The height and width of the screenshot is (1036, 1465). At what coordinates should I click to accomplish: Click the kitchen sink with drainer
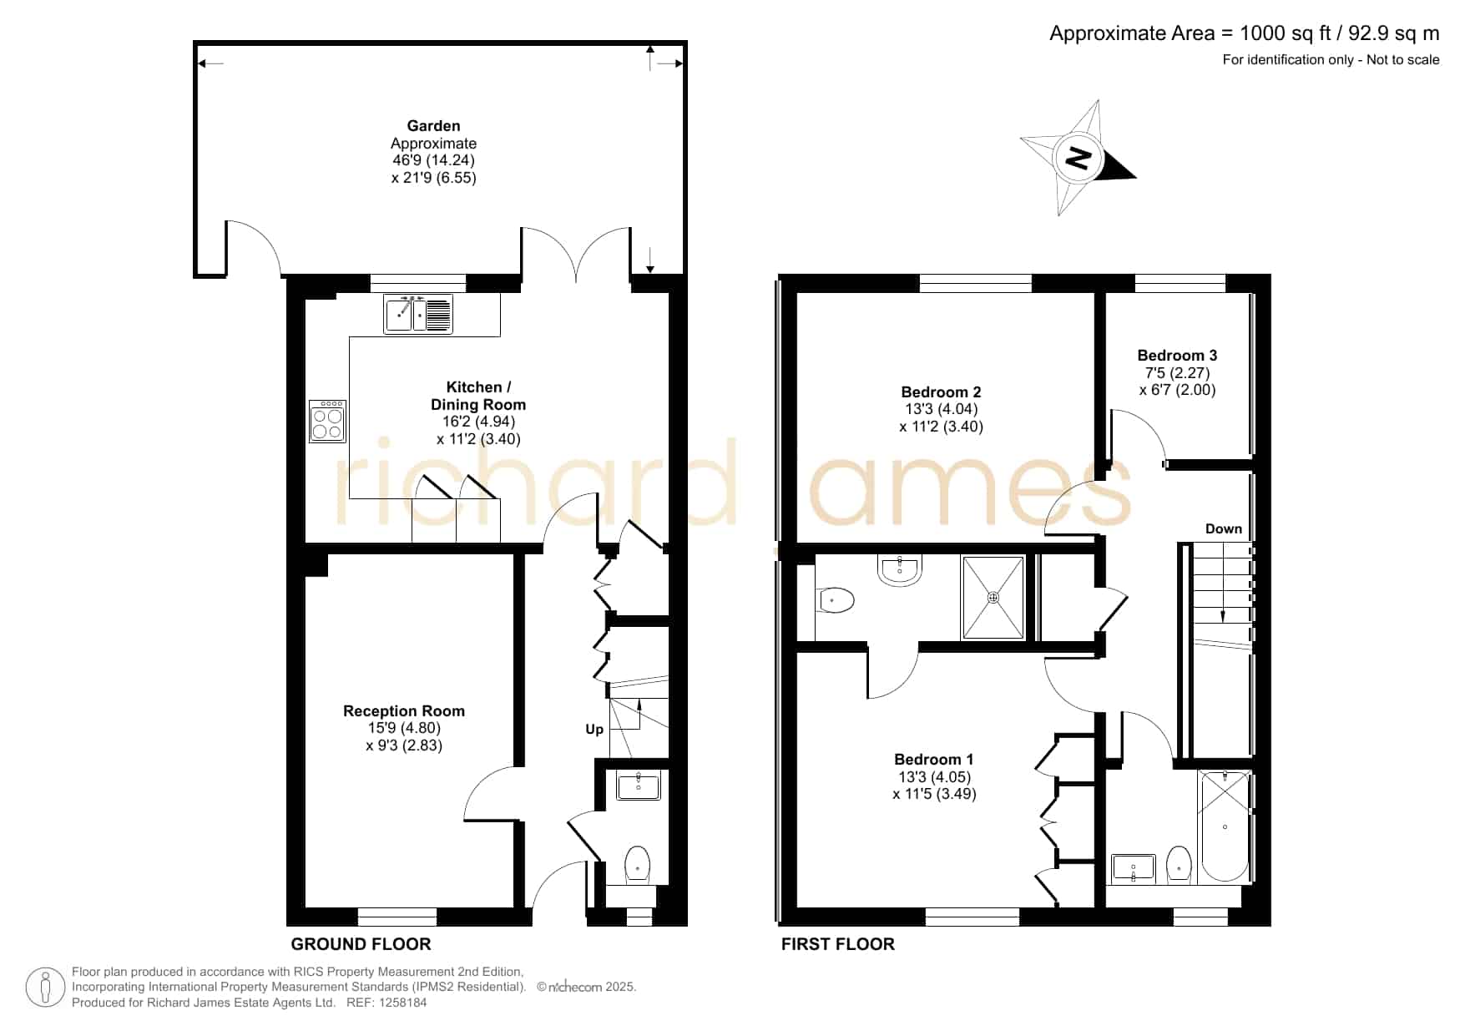pyautogui.click(x=418, y=314)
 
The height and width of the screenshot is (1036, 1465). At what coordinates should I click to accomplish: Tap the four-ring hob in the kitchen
pyautogui.click(x=327, y=421)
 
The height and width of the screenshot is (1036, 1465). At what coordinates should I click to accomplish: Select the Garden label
pyautogui.click(x=433, y=126)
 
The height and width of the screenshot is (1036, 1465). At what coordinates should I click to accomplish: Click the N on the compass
pyautogui.click(x=1079, y=158)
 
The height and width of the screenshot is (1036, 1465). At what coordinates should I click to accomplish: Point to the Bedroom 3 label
pyautogui.click(x=1177, y=356)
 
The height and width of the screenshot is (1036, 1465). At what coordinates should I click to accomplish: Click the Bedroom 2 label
pyautogui.click(x=941, y=392)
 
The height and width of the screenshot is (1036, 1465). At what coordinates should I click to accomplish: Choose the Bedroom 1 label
pyautogui.click(x=933, y=760)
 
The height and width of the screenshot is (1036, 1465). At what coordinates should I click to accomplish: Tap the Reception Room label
pyautogui.click(x=404, y=711)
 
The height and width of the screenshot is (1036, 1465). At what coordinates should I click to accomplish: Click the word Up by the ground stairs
pyautogui.click(x=594, y=730)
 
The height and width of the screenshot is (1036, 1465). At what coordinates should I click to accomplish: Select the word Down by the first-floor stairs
pyautogui.click(x=1224, y=529)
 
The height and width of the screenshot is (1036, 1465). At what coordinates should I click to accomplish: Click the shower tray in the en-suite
pyautogui.click(x=993, y=598)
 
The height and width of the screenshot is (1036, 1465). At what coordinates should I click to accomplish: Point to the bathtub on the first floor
pyautogui.click(x=1225, y=826)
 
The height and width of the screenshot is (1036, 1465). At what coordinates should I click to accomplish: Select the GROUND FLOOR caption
pyautogui.click(x=361, y=944)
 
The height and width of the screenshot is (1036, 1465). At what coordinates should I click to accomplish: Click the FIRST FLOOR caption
pyautogui.click(x=838, y=944)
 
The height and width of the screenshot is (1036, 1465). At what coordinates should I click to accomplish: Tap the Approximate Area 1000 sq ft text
pyautogui.click(x=1245, y=33)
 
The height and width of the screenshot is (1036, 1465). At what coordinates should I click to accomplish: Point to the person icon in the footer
pyautogui.click(x=45, y=988)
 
